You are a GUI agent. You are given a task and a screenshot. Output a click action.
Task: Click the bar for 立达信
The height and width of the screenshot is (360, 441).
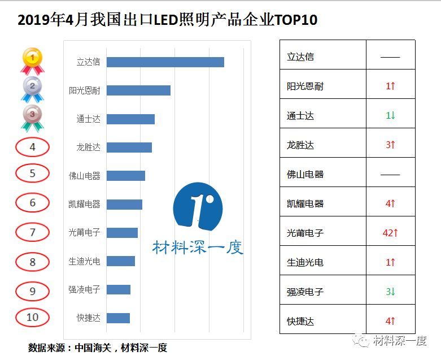pos(165,62)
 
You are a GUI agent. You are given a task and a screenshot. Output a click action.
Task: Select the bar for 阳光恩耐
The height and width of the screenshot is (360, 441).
pos(138,90)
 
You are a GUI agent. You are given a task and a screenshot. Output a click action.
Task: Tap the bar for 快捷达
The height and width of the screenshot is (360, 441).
pos(118,318)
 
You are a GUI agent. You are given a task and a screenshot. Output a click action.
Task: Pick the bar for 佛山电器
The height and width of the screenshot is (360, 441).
pos(125,176)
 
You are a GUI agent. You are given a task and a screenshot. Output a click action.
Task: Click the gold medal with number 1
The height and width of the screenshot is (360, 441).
pos(32,60)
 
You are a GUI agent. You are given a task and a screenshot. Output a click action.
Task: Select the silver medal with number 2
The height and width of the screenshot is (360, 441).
pos(32,88)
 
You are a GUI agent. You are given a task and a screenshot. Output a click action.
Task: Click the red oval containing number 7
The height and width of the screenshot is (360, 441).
pos(32,232)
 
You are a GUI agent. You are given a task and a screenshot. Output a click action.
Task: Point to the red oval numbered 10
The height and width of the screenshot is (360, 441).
pos(32,317)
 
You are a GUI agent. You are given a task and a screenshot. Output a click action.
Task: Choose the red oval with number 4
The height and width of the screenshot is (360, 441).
pos(32,147)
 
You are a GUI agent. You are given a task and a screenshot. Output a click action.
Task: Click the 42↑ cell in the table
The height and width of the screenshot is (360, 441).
pos(390,233)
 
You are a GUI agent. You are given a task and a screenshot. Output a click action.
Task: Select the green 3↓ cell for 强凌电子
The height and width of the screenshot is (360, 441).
pos(390,292)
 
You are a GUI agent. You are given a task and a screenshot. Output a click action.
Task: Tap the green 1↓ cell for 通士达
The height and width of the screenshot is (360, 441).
pos(390,115)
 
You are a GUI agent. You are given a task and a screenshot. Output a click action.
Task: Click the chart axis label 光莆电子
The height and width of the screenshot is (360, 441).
pos(84,233)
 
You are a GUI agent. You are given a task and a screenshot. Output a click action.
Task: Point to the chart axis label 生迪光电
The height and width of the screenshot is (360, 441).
pos(84,261)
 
